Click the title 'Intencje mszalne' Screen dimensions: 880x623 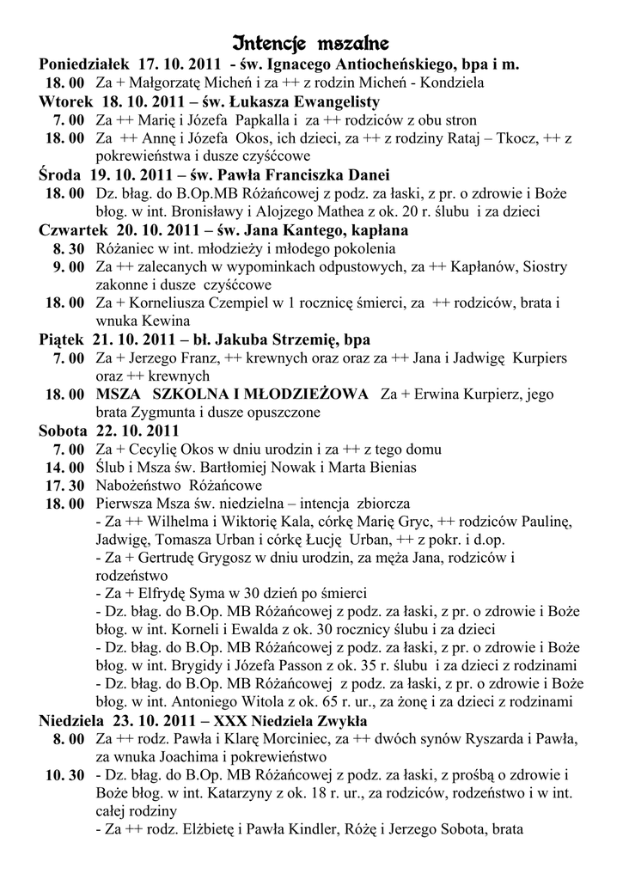pos(311,43)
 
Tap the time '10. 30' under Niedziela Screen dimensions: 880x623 pos(64,775)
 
